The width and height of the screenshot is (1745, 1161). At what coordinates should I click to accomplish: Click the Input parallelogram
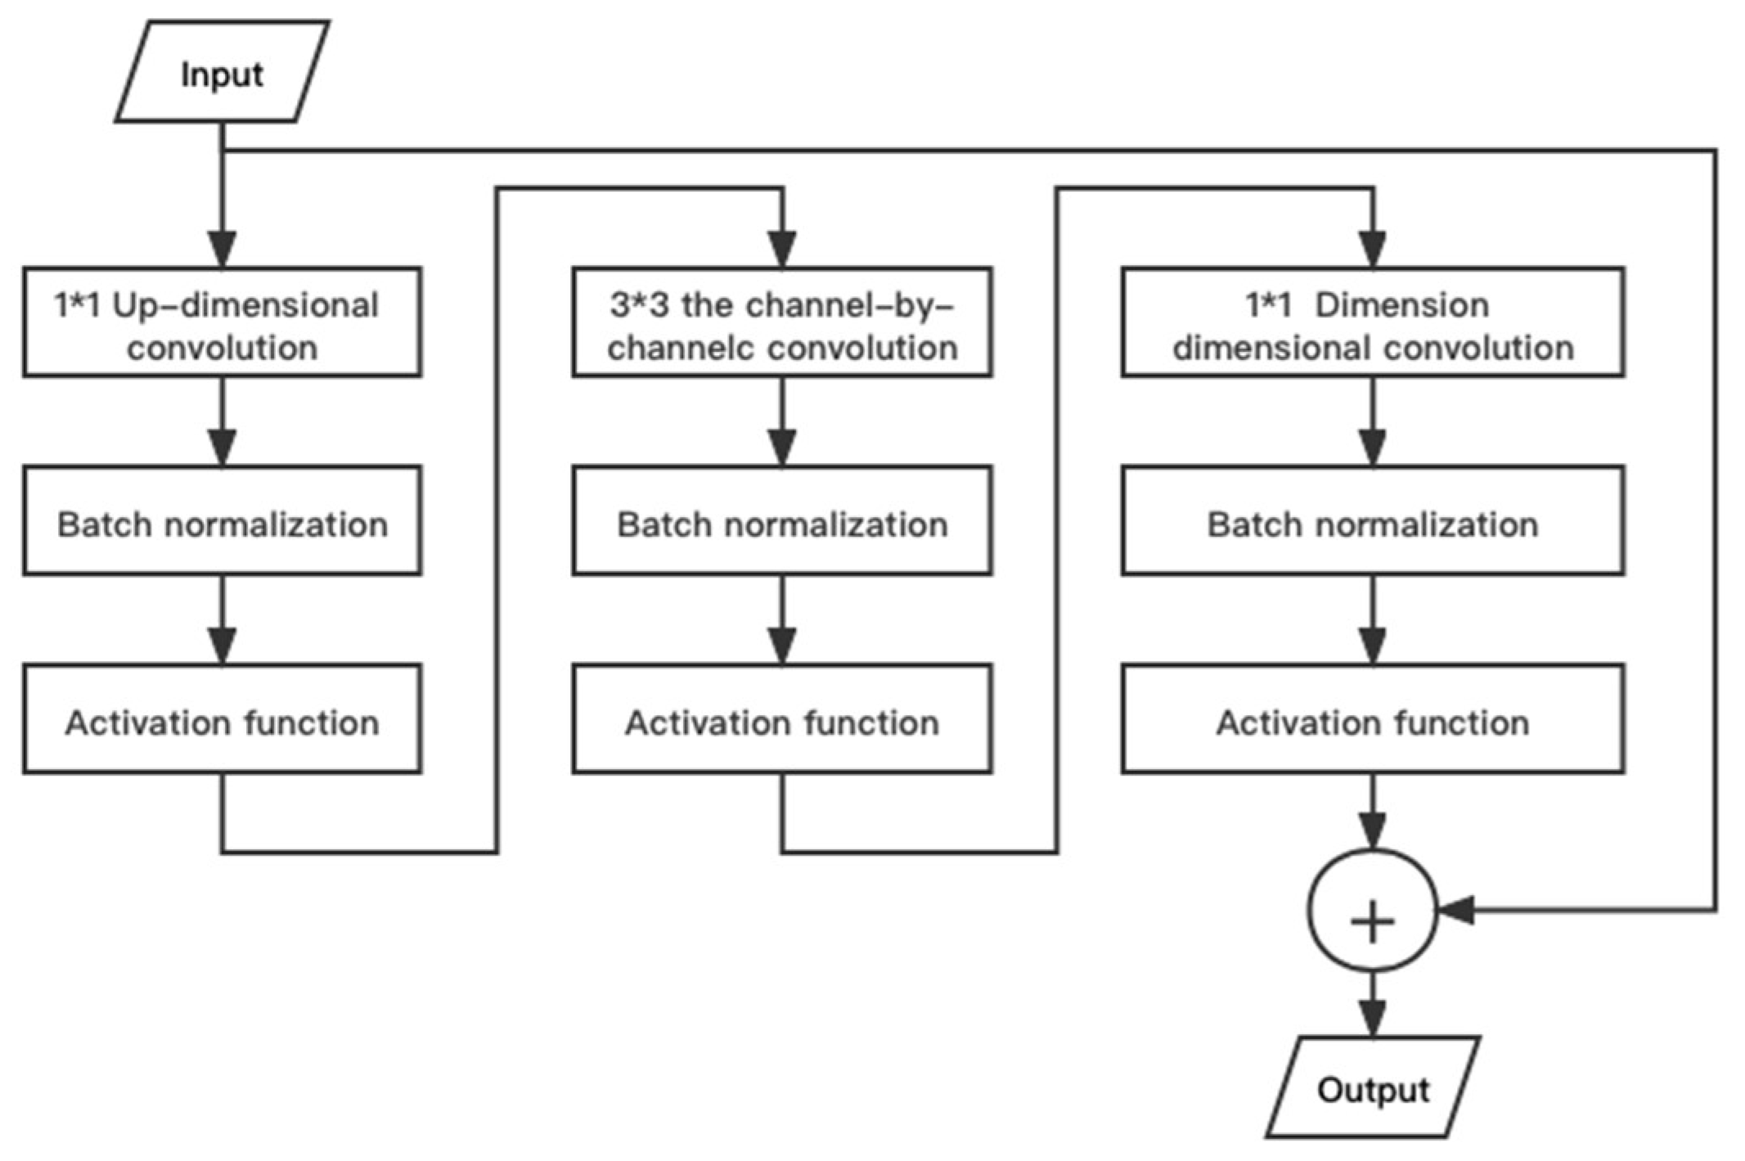222,74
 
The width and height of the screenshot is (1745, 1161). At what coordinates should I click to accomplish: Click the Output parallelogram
1373,1089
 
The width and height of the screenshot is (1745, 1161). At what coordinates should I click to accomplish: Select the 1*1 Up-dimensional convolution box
222,322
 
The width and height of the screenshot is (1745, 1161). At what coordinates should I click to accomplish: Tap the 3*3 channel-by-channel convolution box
782,322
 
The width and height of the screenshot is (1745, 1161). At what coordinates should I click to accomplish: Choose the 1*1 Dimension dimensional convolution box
1373,322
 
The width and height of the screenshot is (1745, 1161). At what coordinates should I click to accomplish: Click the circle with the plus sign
1373,911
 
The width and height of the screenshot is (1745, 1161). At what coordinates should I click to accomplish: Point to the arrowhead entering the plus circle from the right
1455,910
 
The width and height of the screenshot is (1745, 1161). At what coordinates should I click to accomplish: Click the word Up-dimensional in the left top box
245,305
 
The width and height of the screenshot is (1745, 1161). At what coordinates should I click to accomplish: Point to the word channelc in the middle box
679,348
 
